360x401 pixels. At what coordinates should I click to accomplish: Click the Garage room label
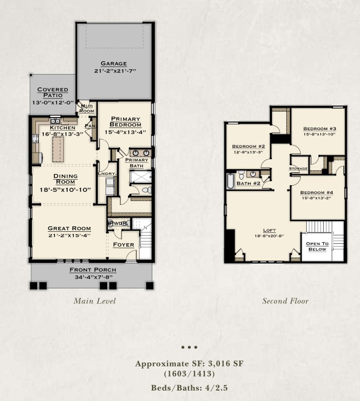point(114,63)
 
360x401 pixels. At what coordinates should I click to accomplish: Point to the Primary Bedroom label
point(126,121)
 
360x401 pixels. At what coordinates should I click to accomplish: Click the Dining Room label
point(65,176)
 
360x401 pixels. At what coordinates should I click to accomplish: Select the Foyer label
point(123,244)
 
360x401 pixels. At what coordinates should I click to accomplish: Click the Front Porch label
point(92,270)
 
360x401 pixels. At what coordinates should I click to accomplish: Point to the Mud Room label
point(87,108)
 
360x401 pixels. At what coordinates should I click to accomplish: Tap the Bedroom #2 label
point(248,146)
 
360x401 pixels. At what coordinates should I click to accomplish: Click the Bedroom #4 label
point(316,192)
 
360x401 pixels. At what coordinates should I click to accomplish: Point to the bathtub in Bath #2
point(230,181)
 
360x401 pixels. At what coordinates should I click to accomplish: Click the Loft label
point(269,230)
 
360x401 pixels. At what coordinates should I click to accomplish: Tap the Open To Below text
point(317,246)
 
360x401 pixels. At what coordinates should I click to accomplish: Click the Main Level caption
point(95,300)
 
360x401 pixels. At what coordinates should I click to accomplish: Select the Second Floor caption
point(285,300)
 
